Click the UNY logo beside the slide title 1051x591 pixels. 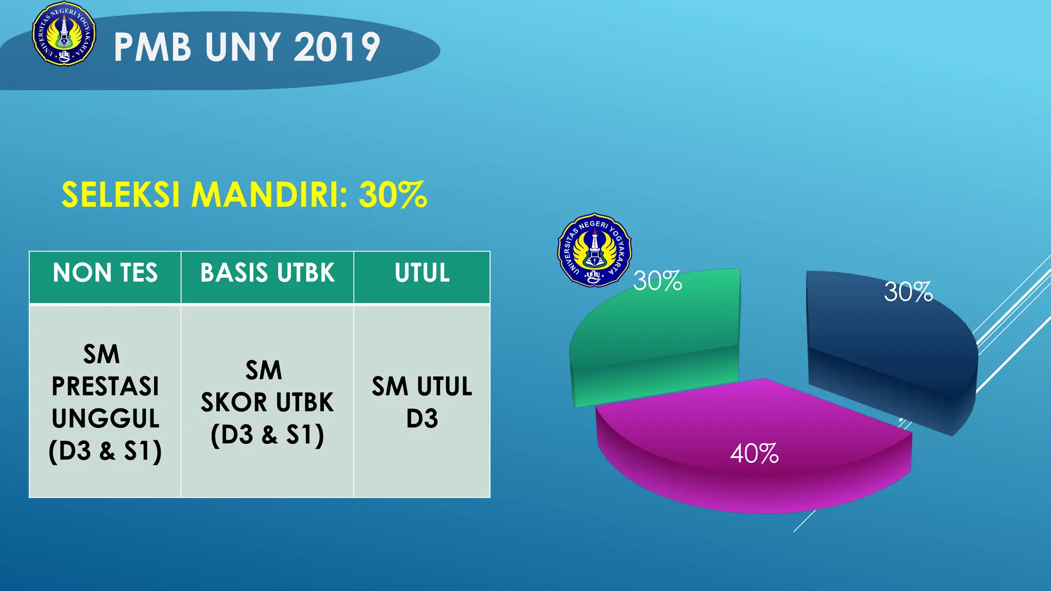coord(64,34)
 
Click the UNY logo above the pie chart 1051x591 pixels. coord(594,250)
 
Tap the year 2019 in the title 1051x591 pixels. coord(337,47)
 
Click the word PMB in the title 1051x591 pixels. coord(152,47)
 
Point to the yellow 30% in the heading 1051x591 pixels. coord(393,195)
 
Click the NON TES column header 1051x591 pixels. coord(105,273)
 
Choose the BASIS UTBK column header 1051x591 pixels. coord(267,273)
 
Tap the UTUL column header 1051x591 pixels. coord(422,273)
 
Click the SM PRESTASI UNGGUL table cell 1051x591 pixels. coord(105,402)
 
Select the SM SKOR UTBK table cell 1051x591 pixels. coord(267,402)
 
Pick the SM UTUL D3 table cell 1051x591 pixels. coord(422,402)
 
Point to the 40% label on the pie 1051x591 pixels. coord(754,454)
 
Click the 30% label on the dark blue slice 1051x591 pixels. coord(908,292)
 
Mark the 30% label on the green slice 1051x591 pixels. coord(657,281)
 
